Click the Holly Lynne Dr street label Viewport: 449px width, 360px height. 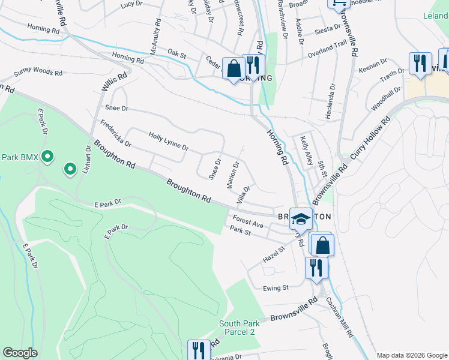click(169, 142)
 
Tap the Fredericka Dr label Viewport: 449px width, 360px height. click(115, 134)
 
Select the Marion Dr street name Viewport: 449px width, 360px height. click(234, 175)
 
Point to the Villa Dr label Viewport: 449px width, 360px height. click(243, 194)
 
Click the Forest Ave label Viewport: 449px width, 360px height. click(249, 221)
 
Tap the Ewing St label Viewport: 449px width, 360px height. click(276, 288)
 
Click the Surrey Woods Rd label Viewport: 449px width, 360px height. click(38, 73)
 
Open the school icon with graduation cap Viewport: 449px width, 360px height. click(301, 219)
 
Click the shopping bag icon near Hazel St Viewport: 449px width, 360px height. click(322, 245)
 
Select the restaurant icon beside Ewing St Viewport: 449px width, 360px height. click(316, 268)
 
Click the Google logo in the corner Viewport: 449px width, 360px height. click(20, 353)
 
